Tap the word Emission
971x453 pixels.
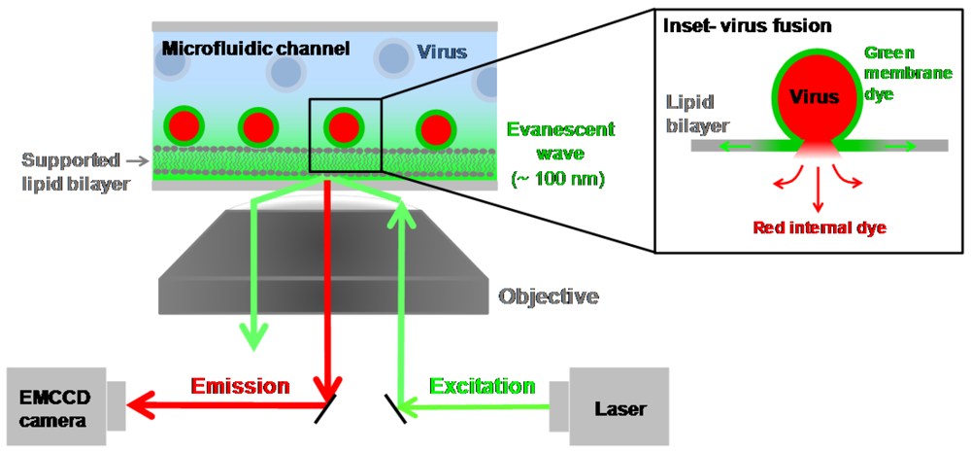pyautogui.click(x=240, y=386)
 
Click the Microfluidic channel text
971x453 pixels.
pyautogui.click(x=255, y=48)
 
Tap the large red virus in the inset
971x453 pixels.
pyautogui.click(x=813, y=98)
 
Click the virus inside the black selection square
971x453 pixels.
pyautogui.click(x=344, y=126)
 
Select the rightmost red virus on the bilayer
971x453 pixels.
pyautogui.click(x=433, y=127)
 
